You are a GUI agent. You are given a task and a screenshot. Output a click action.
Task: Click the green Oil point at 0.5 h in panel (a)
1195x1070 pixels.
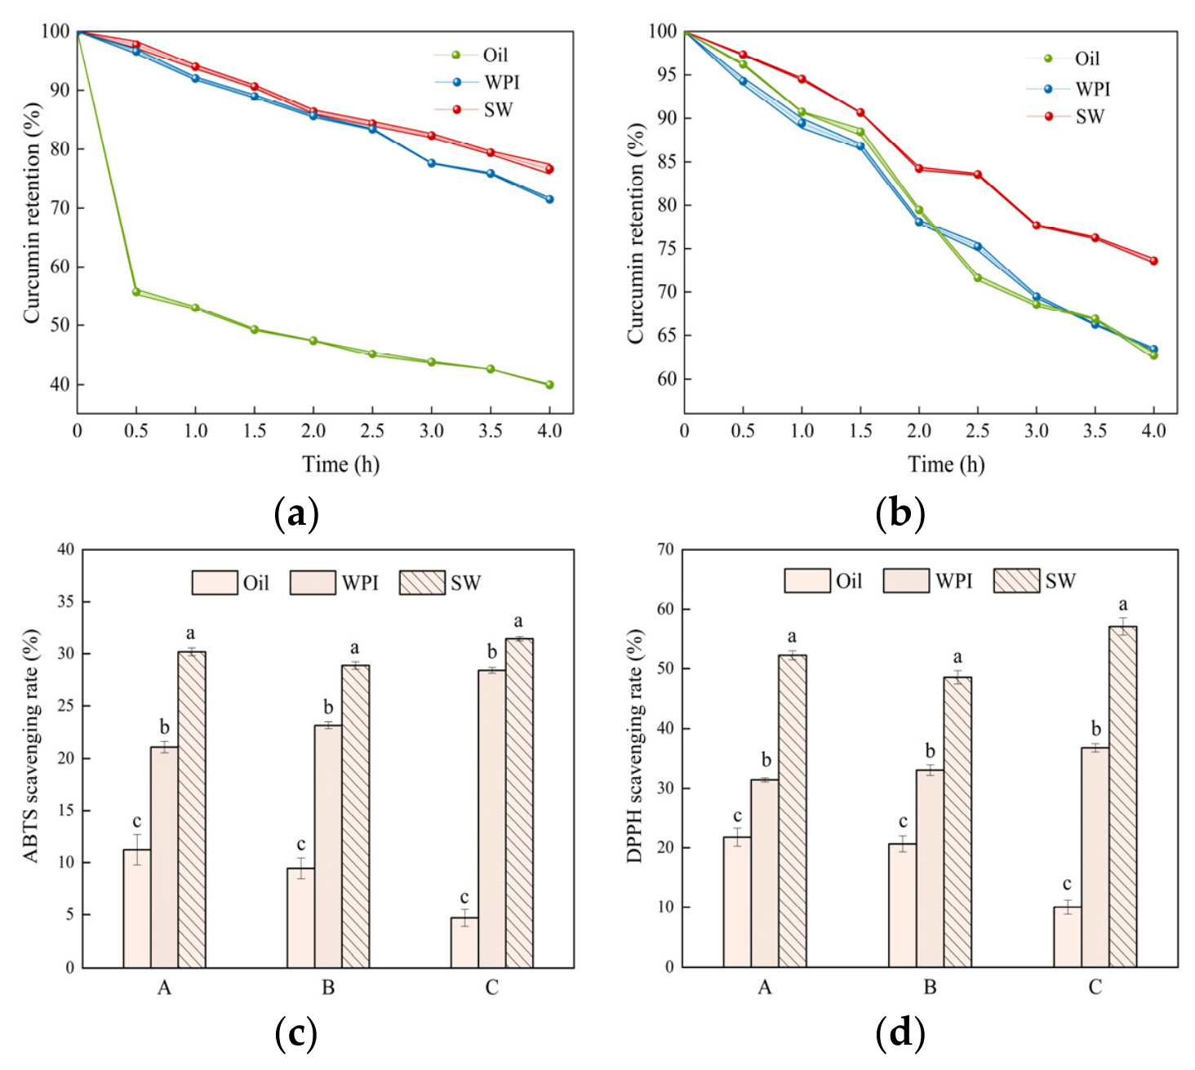click(x=135, y=291)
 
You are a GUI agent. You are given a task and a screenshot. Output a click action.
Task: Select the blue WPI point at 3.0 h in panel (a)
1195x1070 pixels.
click(x=431, y=162)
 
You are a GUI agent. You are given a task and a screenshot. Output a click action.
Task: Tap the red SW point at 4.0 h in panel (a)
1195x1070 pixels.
click(x=549, y=169)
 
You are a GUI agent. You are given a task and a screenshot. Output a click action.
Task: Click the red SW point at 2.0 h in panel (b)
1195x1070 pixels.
click(x=918, y=168)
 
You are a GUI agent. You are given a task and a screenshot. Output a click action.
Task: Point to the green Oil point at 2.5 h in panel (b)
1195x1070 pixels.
click(x=977, y=277)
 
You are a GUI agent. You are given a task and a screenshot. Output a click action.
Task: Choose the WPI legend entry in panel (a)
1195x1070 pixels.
click(x=478, y=82)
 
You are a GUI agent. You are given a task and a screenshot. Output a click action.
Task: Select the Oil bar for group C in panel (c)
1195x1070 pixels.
click(x=464, y=942)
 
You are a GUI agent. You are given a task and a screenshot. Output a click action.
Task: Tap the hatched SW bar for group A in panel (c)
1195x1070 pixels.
click(x=192, y=810)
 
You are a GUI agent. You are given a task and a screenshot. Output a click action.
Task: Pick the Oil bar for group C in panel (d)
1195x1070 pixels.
click(x=1067, y=937)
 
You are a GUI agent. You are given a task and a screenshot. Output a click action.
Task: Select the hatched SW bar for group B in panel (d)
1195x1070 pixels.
click(x=957, y=822)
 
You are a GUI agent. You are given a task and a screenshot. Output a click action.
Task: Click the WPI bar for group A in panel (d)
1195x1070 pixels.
click(x=764, y=873)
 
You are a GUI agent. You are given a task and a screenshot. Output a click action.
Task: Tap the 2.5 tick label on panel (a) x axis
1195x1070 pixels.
click(x=372, y=431)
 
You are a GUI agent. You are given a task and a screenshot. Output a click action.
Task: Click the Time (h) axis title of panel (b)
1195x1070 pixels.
click(x=946, y=464)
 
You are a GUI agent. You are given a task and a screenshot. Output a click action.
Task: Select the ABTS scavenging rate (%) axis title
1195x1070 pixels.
click(x=31, y=746)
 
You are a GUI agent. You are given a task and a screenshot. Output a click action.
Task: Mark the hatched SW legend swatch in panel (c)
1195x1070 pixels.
click(x=422, y=582)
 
